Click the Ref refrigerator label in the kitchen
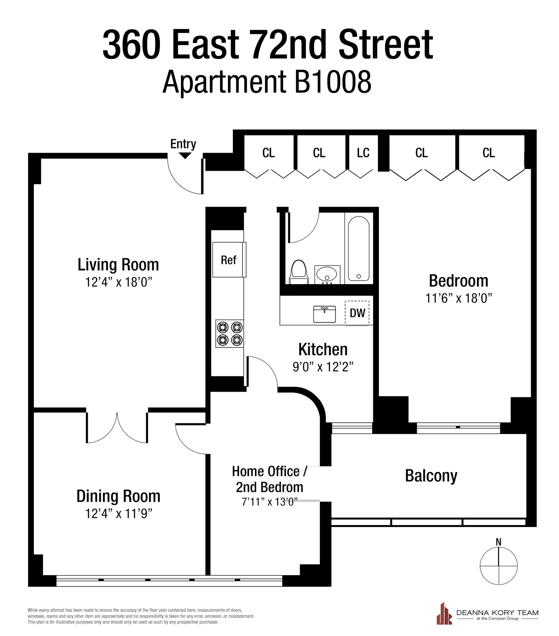[228, 260]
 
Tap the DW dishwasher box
[357, 313]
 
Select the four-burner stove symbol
[230, 333]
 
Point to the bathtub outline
[358, 249]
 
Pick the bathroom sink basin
[327, 275]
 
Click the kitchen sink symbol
[324, 314]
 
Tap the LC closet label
[363, 153]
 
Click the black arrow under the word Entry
[185, 156]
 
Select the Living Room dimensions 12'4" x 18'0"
[118, 282]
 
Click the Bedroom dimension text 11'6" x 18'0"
[459, 298]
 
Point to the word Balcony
[431, 476]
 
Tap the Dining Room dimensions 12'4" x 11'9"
[118, 513]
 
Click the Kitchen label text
[323, 349]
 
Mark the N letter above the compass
[499, 542]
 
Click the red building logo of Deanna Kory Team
[444, 613]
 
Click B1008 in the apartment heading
[333, 82]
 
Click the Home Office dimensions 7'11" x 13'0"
[269, 502]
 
